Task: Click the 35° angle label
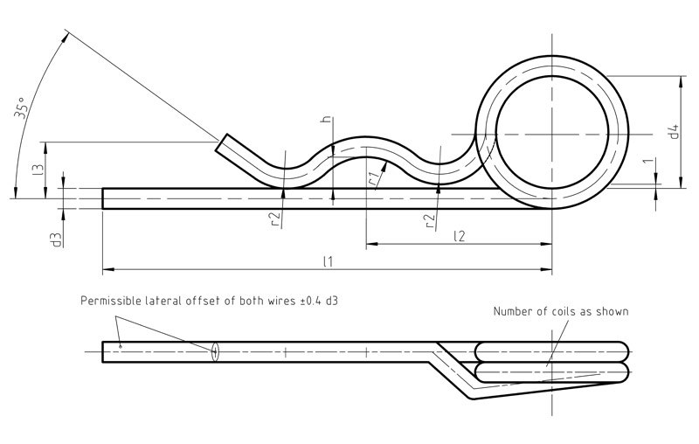click(21, 108)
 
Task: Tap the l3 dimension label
click(38, 170)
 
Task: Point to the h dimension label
click(327, 119)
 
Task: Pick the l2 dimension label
click(460, 235)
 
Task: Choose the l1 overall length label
click(328, 261)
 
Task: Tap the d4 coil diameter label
click(674, 131)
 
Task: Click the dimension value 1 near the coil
click(649, 161)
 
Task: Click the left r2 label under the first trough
click(276, 219)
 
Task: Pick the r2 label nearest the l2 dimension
click(430, 220)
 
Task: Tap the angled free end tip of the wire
click(222, 143)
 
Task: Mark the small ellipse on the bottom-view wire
click(215, 352)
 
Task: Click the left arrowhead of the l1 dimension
click(108, 269)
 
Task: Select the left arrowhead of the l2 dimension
click(372, 244)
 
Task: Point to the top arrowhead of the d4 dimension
click(681, 81)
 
